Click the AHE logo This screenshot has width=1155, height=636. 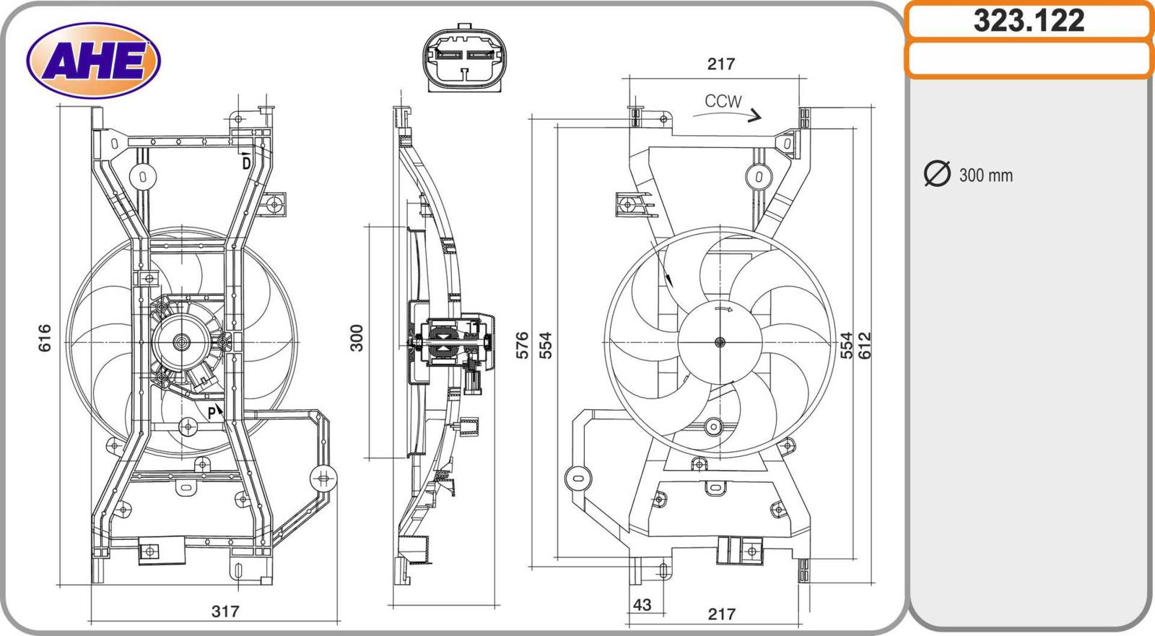pyautogui.click(x=93, y=61)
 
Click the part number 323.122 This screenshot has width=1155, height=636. pyautogui.click(x=1029, y=21)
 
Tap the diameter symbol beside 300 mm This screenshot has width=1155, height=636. pyautogui.click(x=936, y=174)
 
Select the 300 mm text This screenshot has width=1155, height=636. pyautogui.click(x=985, y=175)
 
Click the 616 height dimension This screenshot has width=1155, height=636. pyautogui.click(x=45, y=338)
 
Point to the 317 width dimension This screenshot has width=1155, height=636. pyautogui.click(x=225, y=611)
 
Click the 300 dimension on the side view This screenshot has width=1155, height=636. pyautogui.click(x=357, y=338)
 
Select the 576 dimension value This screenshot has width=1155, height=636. pyautogui.click(x=523, y=345)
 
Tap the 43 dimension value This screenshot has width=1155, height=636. pyautogui.click(x=641, y=604)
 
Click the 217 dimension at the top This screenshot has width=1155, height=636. pyautogui.click(x=720, y=64)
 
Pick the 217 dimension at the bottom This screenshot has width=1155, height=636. pyautogui.click(x=721, y=614)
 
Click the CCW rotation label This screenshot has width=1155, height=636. pyautogui.click(x=723, y=102)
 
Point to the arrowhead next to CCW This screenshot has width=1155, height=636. pyautogui.click(x=754, y=116)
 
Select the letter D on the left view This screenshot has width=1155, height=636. pyautogui.click(x=246, y=163)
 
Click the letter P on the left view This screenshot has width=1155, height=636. pyautogui.click(x=212, y=412)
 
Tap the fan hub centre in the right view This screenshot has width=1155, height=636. pyautogui.click(x=720, y=342)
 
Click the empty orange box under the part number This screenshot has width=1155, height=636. pyautogui.click(x=1029, y=59)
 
